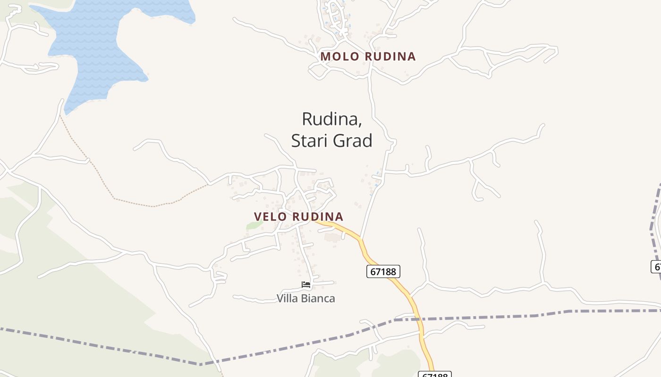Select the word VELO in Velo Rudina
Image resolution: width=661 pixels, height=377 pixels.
[x=271, y=217]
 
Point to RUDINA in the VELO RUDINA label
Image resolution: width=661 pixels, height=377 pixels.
[x=317, y=217]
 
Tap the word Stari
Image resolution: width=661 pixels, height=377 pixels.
[x=310, y=140]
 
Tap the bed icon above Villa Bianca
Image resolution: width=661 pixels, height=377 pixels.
[x=306, y=285]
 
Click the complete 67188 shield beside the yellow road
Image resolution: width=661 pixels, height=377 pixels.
[x=383, y=271]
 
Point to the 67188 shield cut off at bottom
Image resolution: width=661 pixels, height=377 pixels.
[x=434, y=374]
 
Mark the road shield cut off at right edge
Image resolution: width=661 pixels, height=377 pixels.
[x=656, y=266]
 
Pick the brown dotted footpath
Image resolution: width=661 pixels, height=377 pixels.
[x=132, y=203]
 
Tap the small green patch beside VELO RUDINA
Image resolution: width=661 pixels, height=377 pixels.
[x=254, y=225]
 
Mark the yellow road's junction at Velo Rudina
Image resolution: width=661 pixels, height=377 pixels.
[x=315, y=220]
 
